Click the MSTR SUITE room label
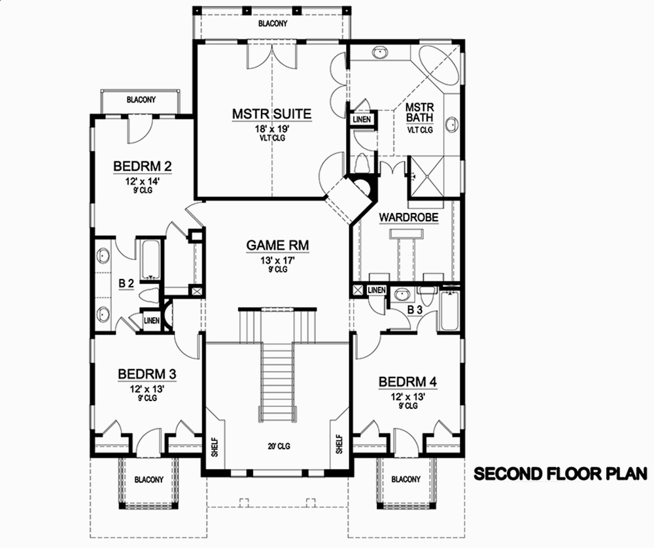pyautogui.click(x=271, y=114)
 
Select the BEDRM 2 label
pyautogui.click(x=142, y=166)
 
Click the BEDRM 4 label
pyautogui.click(x=407, y=381)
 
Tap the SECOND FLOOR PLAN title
pyautogui.click(x=560, y=472)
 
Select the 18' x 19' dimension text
pyautogui.click(x=272, y=129)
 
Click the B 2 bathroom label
pyautogui.click(x=126, y=284)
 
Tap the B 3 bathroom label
pyautogui.click(x=413, y=309)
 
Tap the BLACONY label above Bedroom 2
pyautogui.click(x=141, y=100)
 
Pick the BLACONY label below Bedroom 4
pyautogui.click(x=405, y=479)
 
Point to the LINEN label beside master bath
pyautogui.click(x=362, y=120)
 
